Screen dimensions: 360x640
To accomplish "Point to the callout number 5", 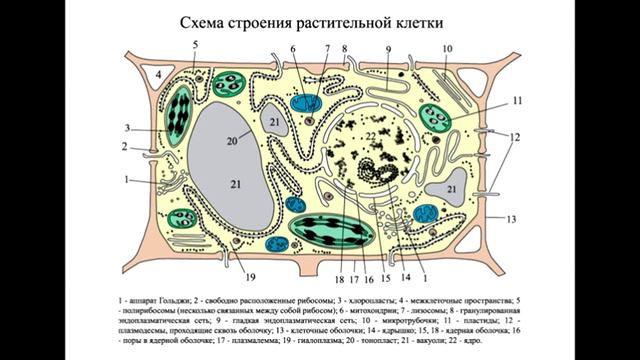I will coord(195,45).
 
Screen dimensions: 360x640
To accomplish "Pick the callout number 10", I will coord(447,48).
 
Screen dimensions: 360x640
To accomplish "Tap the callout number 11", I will coord(517,101).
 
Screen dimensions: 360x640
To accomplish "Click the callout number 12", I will coord(514,136).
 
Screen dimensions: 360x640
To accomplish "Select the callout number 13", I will coord(512,217).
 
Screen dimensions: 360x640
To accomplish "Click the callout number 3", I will coord(129,127).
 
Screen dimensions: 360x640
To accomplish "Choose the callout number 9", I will coord(389,49).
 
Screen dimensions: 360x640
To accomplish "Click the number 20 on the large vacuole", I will coord(232,140).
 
